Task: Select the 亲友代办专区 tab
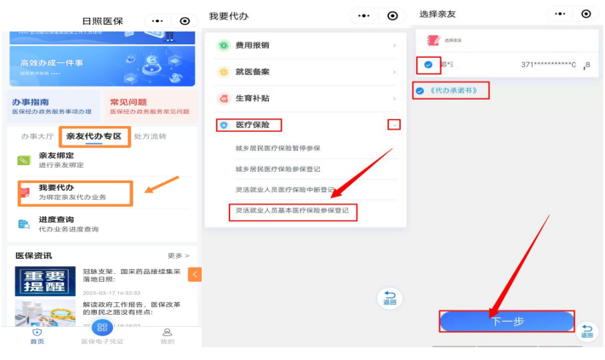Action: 94,136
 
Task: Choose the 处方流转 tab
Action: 151,136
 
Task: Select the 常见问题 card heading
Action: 128,101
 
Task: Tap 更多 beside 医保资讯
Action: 178,255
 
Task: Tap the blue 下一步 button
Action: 507,321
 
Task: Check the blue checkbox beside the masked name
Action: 428,65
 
